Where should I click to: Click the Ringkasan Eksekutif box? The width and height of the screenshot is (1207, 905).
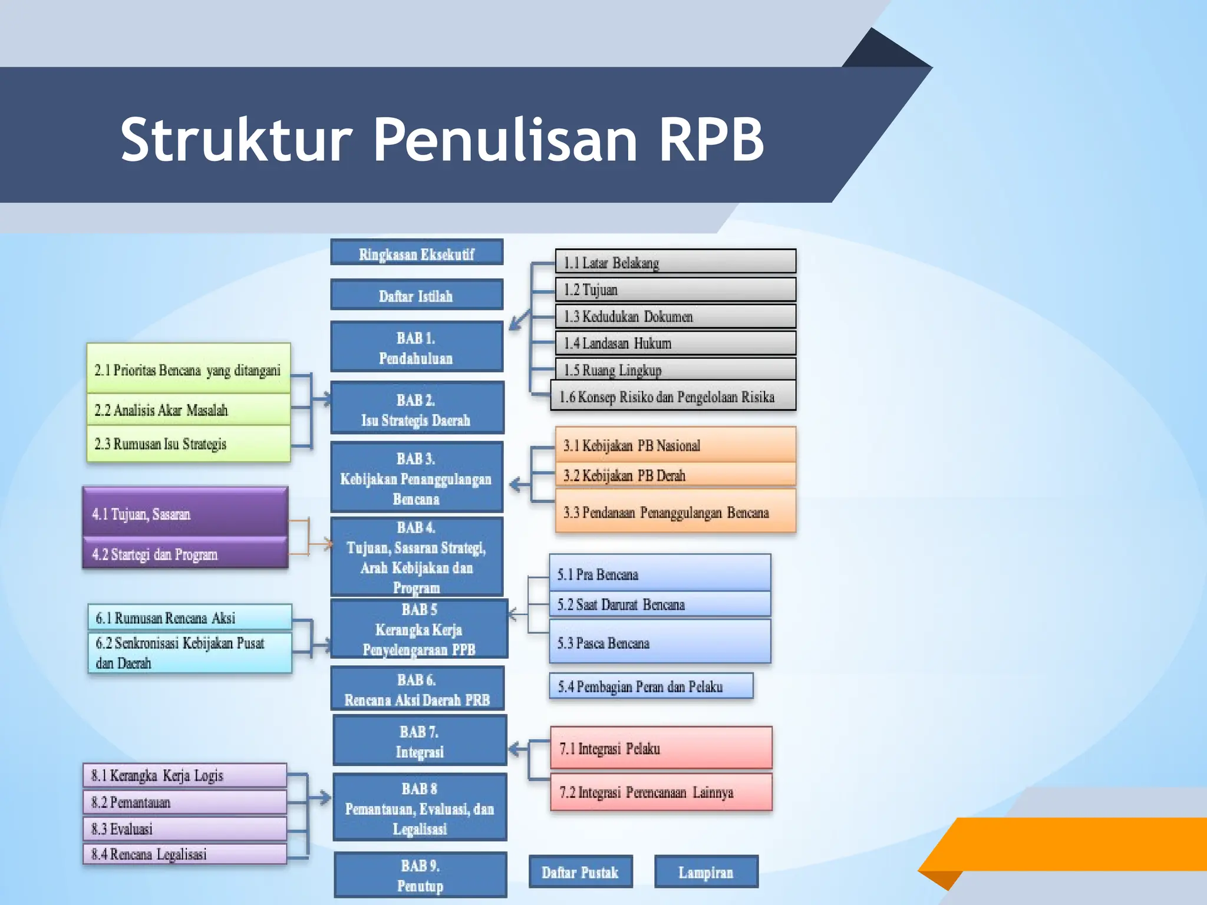pos(417,253)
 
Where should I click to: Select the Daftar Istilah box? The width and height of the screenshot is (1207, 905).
pos(417,295)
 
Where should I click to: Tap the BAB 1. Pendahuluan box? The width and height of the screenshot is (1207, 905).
pos(417,347)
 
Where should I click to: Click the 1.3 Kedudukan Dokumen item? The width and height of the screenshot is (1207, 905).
pos(675,316)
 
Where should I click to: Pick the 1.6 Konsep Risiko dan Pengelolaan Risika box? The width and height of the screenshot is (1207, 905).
pos(673,396)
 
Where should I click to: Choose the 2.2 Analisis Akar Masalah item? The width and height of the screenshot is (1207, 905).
pos(189,409)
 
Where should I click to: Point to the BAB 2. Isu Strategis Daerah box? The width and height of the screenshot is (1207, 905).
pos(417,409)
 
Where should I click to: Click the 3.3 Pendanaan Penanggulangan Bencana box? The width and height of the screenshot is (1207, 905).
pos(675,511)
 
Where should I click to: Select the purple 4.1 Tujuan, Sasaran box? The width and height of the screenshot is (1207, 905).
pos(185,513)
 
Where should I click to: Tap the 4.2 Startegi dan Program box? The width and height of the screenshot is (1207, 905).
pos(185,554)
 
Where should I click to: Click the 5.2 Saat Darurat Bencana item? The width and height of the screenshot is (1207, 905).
pos(660,604)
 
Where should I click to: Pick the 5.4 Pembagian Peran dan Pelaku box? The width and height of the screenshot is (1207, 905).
pos(651,686)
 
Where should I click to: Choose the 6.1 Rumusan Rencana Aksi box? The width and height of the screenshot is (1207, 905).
pos(190,617)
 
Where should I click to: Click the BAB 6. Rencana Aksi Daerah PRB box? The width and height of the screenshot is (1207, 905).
pos(417,689)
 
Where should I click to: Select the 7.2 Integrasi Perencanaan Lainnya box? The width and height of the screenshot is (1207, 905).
pos(661,792)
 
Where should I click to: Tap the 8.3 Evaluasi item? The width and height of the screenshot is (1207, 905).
pos(185,828)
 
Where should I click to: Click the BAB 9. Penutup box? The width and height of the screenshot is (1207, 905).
pos(420,875)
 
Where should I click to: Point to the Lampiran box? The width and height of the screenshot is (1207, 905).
pos(706,872)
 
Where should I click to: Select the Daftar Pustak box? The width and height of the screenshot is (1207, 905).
pos(581,872)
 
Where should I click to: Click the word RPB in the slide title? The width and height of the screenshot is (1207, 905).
pos(711,139)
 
